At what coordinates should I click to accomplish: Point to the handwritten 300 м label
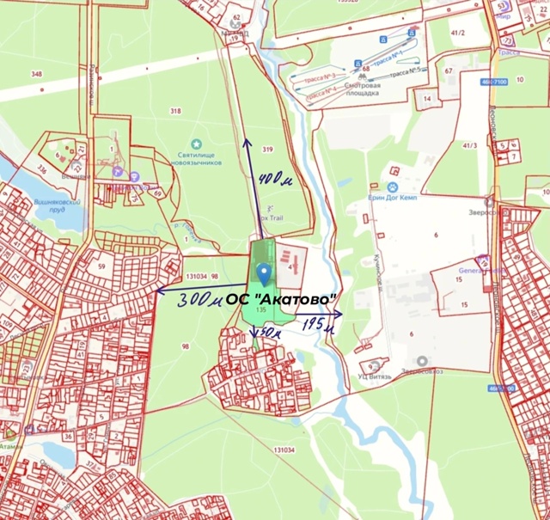coord(200,301)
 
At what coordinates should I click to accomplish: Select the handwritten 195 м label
coord(318,324)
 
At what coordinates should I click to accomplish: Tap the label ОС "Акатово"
coord(296,298)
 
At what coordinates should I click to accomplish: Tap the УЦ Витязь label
coord(376,376)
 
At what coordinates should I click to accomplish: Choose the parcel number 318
coord(175,111)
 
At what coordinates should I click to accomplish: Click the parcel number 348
coord(36,74)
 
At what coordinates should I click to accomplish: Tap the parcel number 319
coord(267,150)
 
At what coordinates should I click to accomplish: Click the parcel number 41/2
coord(459,33)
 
